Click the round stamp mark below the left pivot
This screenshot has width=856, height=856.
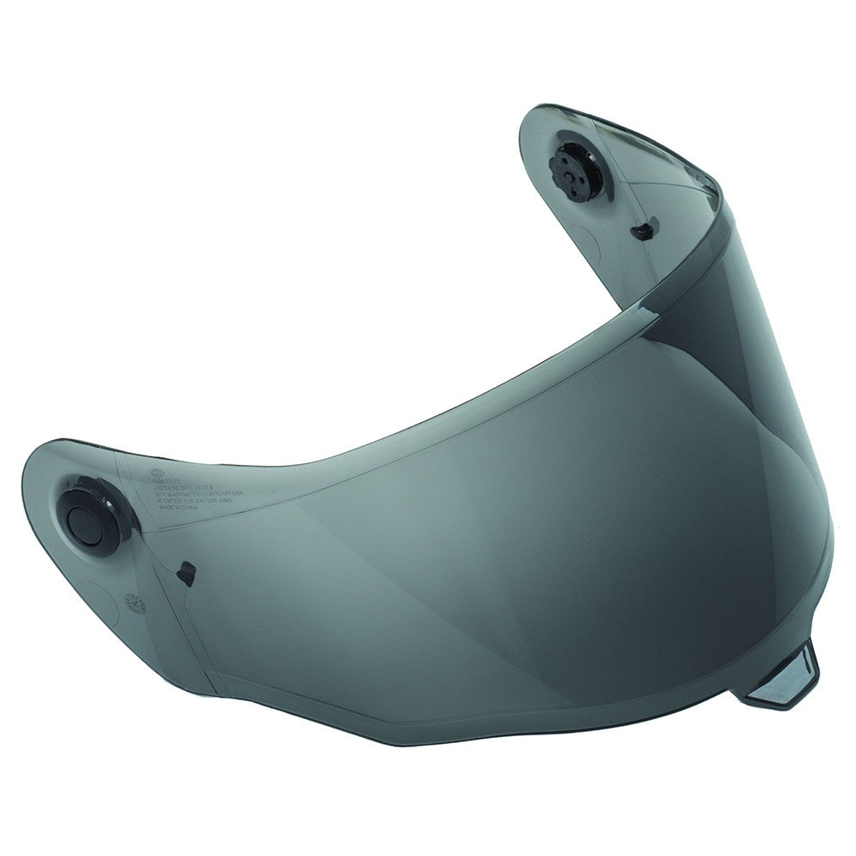point(135,603)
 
